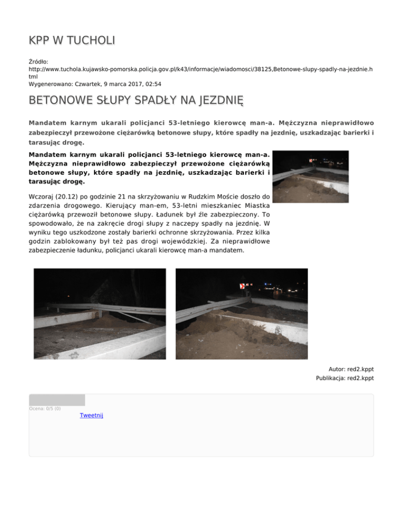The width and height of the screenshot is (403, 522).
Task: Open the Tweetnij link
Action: point(91,415)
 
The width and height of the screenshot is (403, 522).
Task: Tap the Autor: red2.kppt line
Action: point(351,369)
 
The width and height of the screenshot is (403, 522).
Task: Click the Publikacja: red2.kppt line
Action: point(345,378)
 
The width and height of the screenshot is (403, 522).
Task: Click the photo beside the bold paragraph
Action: point(311,176)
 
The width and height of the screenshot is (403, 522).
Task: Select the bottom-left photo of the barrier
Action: point(100,314)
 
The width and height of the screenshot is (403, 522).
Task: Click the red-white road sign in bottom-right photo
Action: point(243,286)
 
